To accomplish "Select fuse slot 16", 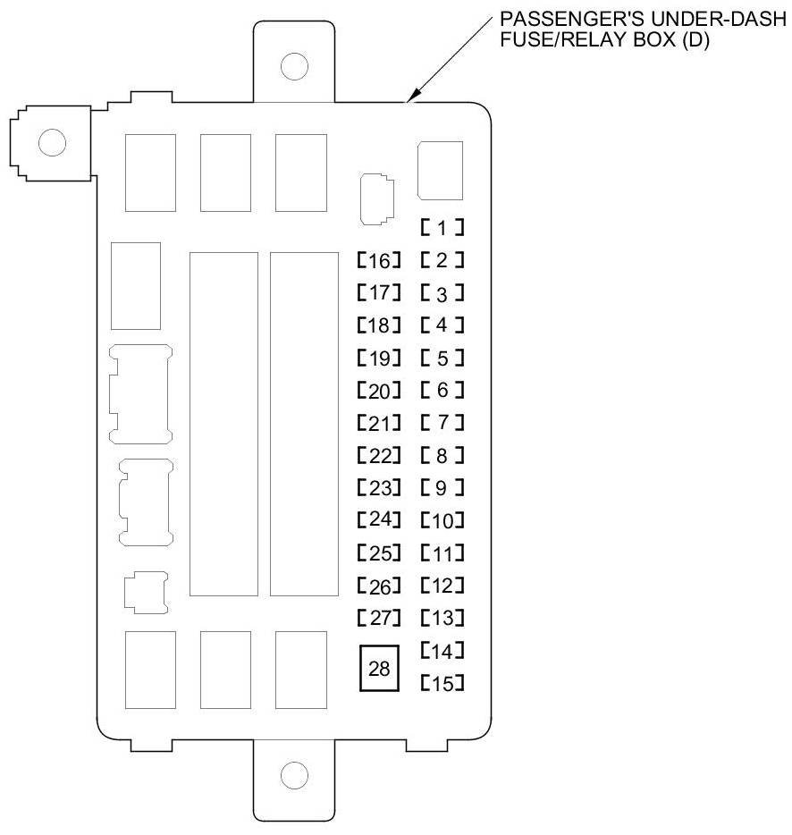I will (378, 261).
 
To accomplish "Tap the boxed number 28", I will (380, 667).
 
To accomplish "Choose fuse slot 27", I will (378, 618).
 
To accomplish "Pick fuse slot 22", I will (378, 456).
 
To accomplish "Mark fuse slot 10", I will (442, 520).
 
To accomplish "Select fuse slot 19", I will (378, 359).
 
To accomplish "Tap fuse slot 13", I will (442, 618).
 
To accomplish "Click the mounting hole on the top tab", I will (293, 65).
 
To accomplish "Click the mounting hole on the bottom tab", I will (293, 774).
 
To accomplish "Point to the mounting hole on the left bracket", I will (52, 142).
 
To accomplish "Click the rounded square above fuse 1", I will (440, 170).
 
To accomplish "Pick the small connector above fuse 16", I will (375, 198).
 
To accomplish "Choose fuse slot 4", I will (442, 325).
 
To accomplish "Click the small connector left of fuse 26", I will (144, 592).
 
